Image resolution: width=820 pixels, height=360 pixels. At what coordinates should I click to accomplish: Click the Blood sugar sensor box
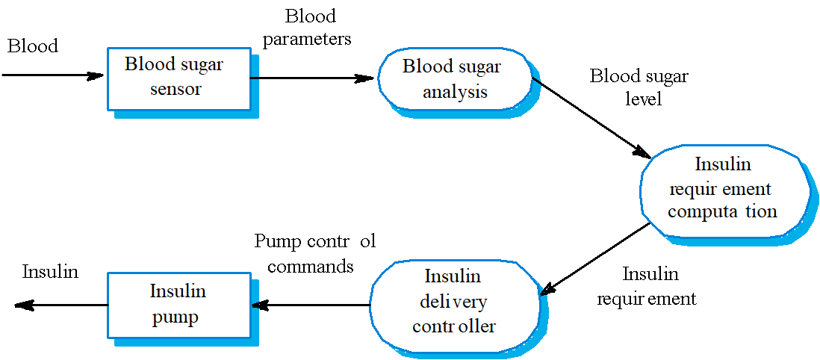(178, 78)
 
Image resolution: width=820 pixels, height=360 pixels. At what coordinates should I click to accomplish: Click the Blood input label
(33, 46)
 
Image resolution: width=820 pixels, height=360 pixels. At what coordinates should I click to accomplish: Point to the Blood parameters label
(307, 27)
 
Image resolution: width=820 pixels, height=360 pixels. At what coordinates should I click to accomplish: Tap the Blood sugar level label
(639, 87)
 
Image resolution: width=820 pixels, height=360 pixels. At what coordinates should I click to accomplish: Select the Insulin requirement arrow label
(647, 287)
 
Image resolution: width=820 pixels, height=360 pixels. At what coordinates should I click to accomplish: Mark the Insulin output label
(50, 272)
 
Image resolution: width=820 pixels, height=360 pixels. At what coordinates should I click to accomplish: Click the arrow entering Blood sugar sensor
(52, 75)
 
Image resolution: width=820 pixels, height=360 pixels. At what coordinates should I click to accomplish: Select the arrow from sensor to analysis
(312, 78)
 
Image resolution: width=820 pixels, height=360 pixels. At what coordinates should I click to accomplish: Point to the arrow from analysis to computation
(590, 116)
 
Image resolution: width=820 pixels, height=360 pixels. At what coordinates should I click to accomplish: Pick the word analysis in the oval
(455, 93)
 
